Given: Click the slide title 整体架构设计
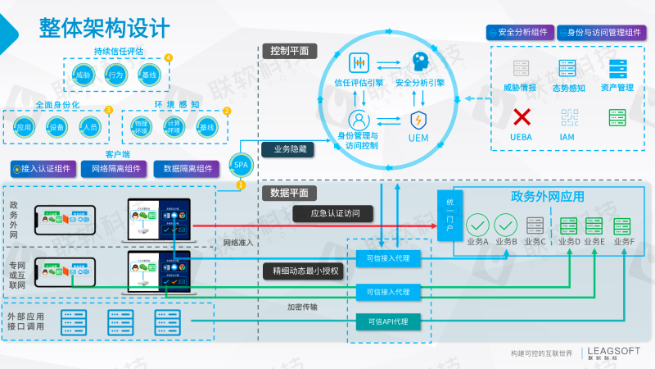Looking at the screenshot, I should click(105, 28).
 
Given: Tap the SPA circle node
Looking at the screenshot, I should click(241, 164).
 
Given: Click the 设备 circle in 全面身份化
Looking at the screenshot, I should click(56, 127).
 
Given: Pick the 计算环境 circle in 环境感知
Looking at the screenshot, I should click(173, 127).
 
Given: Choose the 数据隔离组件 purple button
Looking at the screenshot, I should click(187, 169).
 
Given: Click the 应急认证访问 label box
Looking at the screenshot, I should click(336, 214).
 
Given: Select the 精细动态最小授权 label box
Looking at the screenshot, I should click(302, 271).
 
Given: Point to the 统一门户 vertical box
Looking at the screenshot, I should click(449, 215).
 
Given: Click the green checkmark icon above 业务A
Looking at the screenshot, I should click(477, 224).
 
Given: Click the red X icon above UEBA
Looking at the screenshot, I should click(522, 117).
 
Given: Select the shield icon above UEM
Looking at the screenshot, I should click(418, 120).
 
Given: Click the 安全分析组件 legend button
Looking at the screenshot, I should click(517, 32).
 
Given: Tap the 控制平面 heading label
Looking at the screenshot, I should click(289, 51).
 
